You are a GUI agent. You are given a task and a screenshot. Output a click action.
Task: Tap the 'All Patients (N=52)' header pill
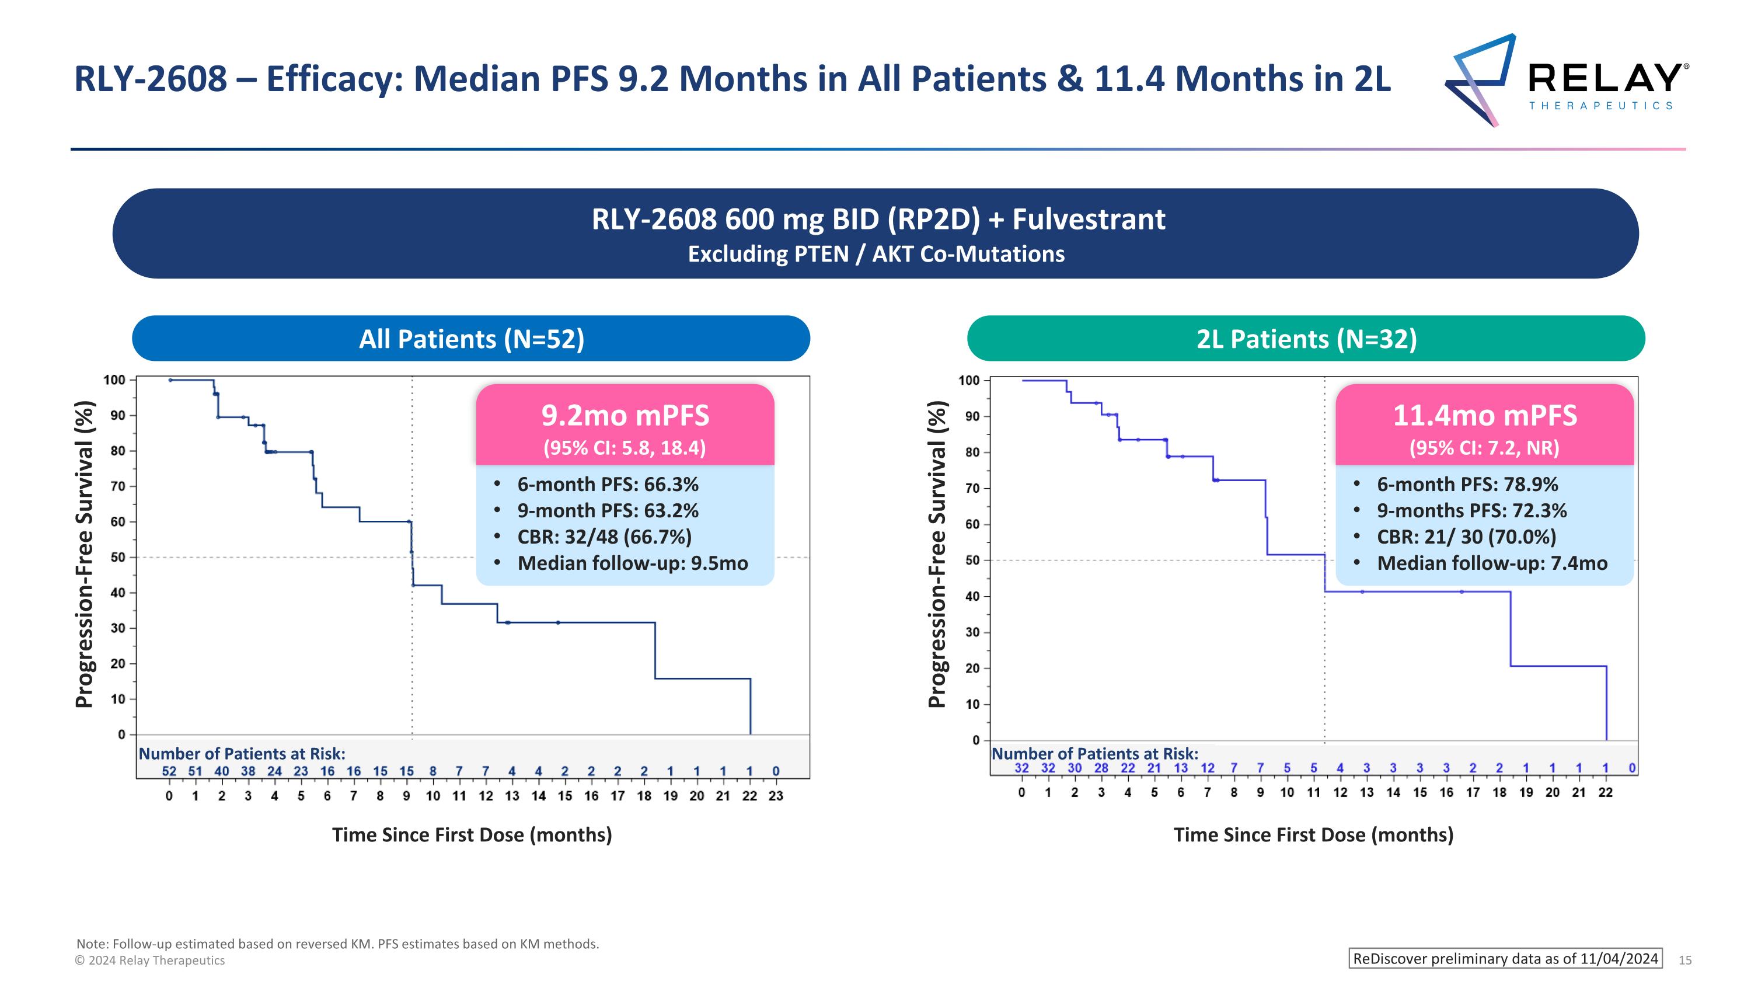click(x=471, y=339)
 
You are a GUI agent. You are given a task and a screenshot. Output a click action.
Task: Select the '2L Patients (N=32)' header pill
click(x=1306, y=339)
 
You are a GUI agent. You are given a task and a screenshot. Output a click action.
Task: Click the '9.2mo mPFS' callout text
click(x=625, y=415)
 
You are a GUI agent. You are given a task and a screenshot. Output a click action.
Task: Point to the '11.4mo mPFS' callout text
click(x=1484, y=415)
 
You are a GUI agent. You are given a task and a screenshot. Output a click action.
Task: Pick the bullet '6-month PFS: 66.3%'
click(x=607, y=484)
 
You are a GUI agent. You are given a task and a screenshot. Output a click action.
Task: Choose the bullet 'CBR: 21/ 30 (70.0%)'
click(x=1466, y=537)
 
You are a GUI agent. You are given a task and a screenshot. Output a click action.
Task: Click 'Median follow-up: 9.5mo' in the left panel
click(x=632, y=563)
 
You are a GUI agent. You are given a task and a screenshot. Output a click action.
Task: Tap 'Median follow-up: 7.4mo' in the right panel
click(x=1492, y=563)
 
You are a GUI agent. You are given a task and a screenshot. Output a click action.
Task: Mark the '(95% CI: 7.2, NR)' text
click(x=1484, y=448)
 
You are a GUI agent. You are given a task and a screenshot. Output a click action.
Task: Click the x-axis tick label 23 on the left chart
click(x=776, y=796)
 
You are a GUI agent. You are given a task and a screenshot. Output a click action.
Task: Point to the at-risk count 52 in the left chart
click(x=169, y=771)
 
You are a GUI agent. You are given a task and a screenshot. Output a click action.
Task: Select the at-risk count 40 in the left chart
click(x=222, y=771)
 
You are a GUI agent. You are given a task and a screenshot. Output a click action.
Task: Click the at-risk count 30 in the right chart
click(x=1075, y=768)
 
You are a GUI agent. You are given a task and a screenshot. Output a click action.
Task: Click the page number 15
click(x=1685, y=960)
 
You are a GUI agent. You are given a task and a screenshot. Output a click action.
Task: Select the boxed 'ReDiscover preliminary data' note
click(x=1505, y=959)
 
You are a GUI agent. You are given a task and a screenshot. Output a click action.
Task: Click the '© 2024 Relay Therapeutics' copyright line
click(x=149, y=960)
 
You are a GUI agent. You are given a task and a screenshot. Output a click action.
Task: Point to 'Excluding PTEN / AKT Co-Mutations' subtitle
click(x=875, y=254)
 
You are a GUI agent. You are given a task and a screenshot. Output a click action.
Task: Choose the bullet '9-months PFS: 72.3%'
click(x=1471, y=510)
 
